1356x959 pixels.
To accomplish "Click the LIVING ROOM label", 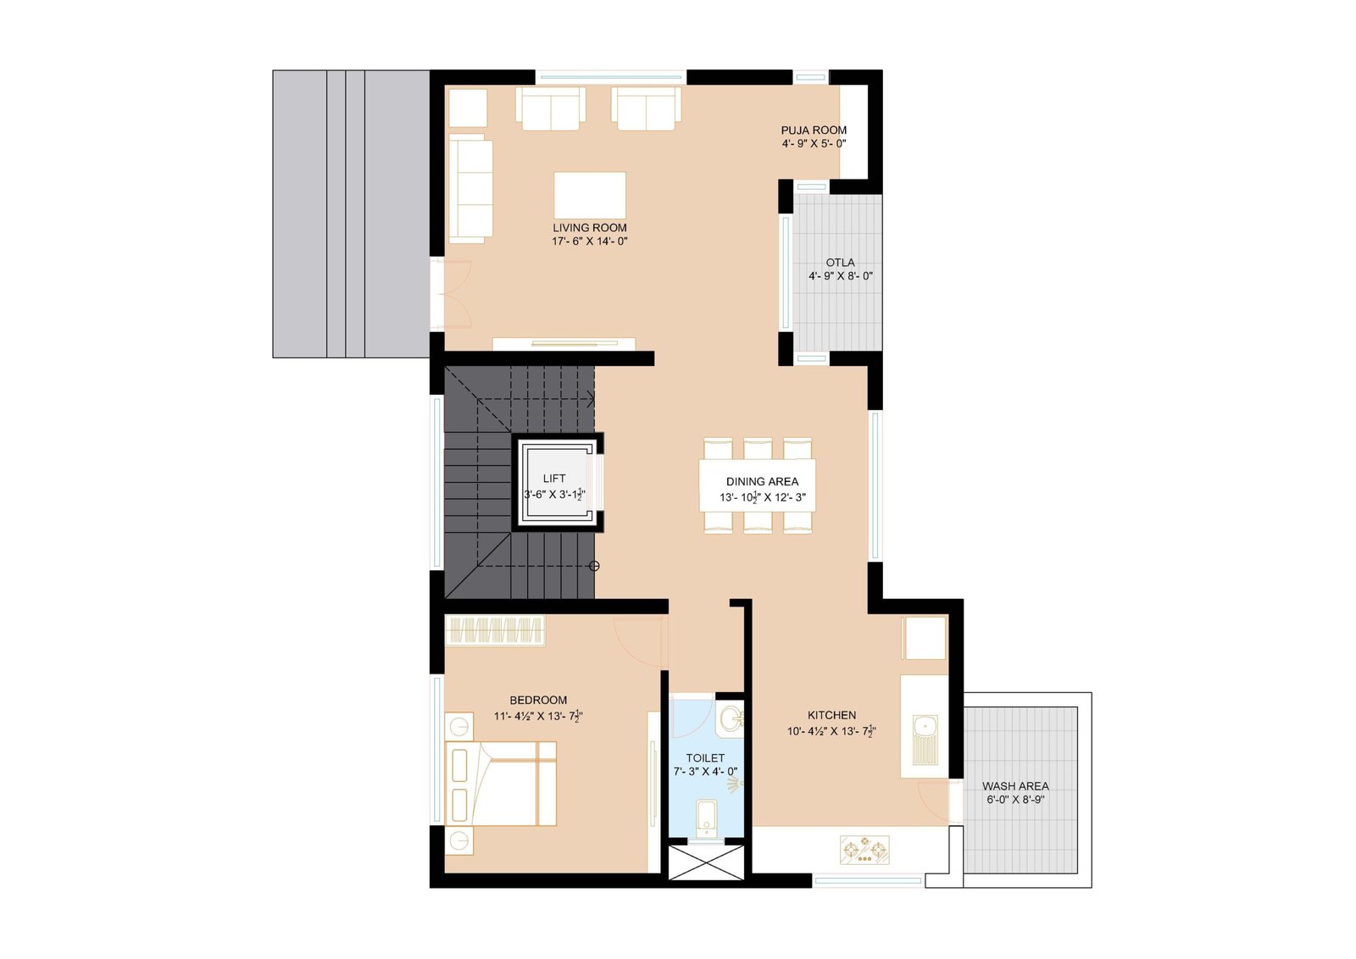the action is [x=590, y=228].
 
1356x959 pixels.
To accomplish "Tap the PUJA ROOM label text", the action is [x=814, y=130].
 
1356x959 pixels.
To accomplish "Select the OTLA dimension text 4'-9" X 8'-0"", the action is [x=840, y=276].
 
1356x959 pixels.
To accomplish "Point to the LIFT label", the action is [x=554, y=479].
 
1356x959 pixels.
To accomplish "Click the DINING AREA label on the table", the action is [x=762, y=481].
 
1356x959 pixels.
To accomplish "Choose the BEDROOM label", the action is [x=538, y=700].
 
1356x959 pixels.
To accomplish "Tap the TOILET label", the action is [x=705, y=758].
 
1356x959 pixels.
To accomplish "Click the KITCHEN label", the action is [x=831, y=715].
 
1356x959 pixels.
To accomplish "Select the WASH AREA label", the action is [x=1015, y=786].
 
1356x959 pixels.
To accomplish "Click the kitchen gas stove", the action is [x=864, y=850].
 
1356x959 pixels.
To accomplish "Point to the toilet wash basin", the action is [x=730, y=718].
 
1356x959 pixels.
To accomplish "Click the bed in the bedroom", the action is [x=501, y=784].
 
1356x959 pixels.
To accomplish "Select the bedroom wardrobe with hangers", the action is [x=495, y=630].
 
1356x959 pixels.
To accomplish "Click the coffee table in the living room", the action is [x=590, y=195].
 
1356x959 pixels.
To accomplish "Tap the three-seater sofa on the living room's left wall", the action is [x=470, y=189].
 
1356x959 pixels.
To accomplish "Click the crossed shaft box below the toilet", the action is [x=706, y=862].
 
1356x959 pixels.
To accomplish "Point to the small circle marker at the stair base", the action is [x=594, y=566].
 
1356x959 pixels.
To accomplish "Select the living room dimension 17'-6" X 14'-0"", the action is [x=590, y=241].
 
